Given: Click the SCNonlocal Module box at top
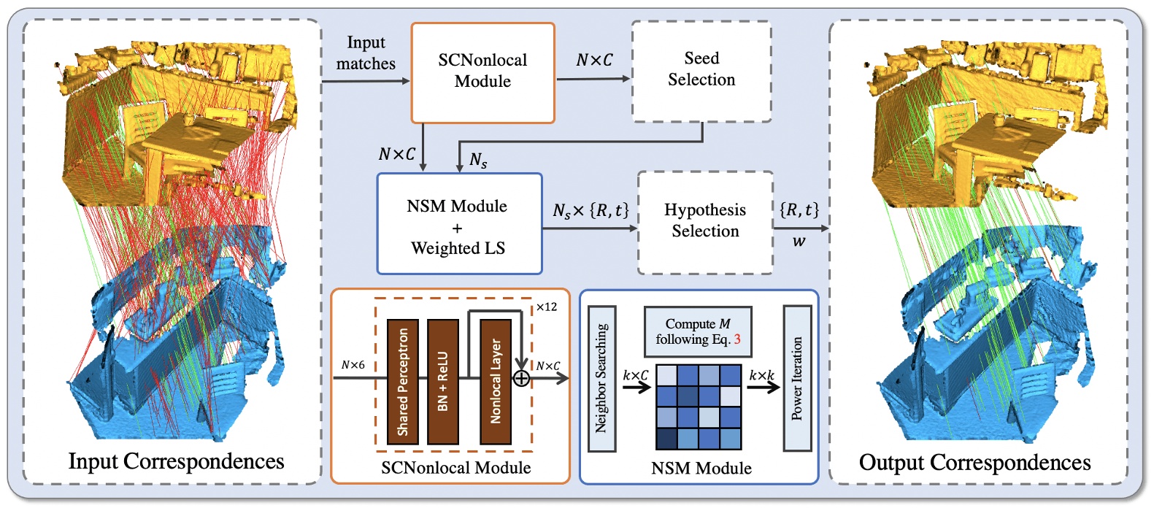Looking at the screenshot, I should pos(482,72).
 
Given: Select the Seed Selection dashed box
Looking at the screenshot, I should pos(701,70).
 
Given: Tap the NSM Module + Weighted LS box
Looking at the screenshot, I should pos(458,225).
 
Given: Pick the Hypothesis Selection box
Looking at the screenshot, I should pos(704,221).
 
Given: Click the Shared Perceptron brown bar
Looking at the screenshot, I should pos(402,381).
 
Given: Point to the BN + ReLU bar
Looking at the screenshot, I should pos(442,381).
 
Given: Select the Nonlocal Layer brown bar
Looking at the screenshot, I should pos(495,381).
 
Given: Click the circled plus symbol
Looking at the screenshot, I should pos(521,378).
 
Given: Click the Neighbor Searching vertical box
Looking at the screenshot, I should pos(601,378).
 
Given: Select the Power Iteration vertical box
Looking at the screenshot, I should pos(796,378).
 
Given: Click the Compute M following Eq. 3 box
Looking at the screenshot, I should pos(697,331).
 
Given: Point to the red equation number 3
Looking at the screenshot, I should pos(737,339).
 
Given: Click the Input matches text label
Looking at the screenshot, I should pos(366,53).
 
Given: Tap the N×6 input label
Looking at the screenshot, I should pos(353,365).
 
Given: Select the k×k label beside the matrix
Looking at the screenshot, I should pos(761,375).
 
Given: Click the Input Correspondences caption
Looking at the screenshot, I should pos(176,461).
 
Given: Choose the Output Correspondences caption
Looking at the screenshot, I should pos(974,463).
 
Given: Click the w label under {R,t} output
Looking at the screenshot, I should pos(799,242).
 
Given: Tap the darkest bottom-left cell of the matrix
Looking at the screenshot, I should pos(666,439).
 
